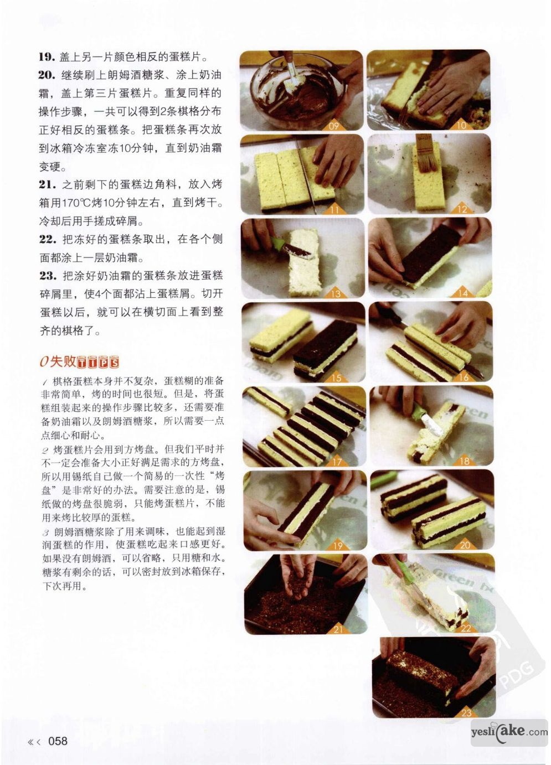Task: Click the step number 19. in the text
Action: [47, 57]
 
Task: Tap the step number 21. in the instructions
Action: [48, 185]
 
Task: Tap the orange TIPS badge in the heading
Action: [98, 362]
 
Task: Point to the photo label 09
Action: [333, 126]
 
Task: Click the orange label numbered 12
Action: [462, 209]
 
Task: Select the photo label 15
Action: [337, 378]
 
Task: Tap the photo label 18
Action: [465, 462]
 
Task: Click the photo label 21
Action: [338, 629]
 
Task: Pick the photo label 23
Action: [466, 713]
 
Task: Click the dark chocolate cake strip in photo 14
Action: [431, 253]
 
